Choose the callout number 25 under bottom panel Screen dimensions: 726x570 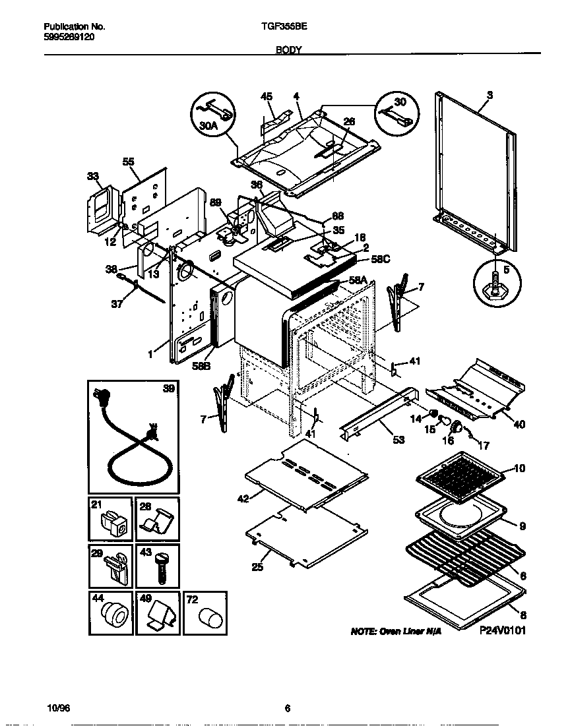point(258,566)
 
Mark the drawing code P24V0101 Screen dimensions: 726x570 point(503,630)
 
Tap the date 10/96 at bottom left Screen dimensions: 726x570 point(58,708)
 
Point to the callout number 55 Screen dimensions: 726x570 point(128,162)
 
